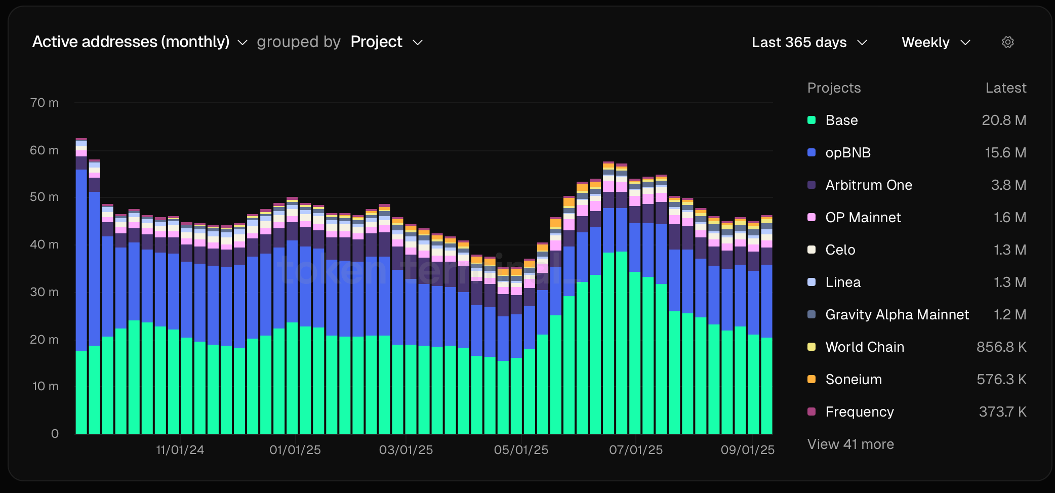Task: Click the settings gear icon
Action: click(x=1007, y=42)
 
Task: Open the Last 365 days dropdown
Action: click(x=809, y=43)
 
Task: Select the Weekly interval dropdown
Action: click(x=936, y=43)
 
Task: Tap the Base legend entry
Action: click(x=841, y=120)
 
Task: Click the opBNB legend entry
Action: click(x=847, y=153)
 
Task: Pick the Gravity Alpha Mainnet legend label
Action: click(x=897, y=315)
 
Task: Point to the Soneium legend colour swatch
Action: click(x=811, y=379)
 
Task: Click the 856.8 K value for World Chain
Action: click(x=1001, y=347)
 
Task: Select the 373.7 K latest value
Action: click(x=1002, y=412)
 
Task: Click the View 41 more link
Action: click(x=850, y=444)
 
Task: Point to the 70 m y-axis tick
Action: click(x=45, y=103)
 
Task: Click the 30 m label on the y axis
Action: click(x=45, y=292)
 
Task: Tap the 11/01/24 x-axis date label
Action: click(x=180, y=450)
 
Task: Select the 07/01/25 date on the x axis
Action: click(x=636, y=450)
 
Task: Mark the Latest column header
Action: click(x=1005, y=88)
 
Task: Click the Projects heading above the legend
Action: click(x=834, y=88)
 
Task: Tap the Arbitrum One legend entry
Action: click(x=868, y=185)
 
